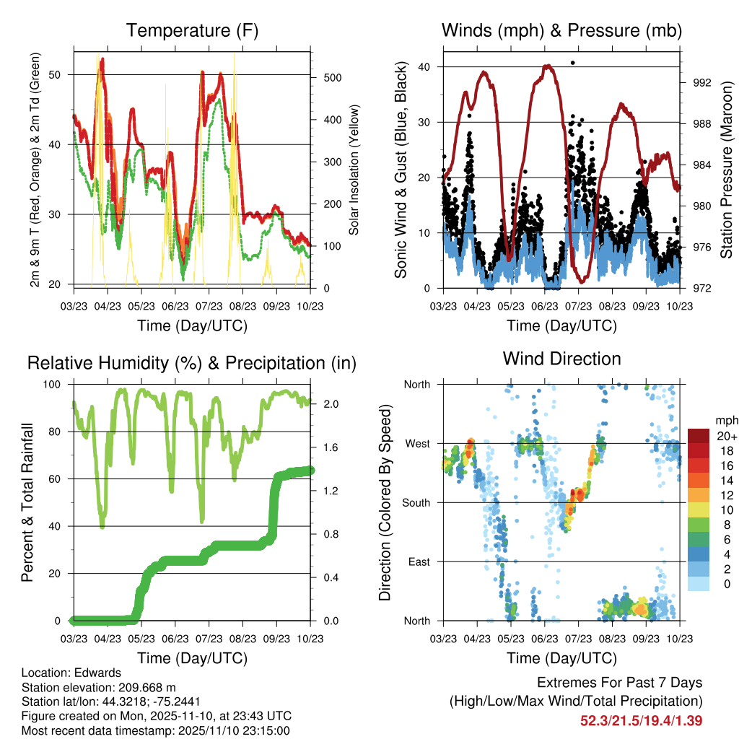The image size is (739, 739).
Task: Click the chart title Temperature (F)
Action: click(x=192, y=31)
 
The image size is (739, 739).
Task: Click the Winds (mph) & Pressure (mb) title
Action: click(x=561, y=31)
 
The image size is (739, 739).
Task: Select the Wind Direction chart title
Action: click(x=561, y=359)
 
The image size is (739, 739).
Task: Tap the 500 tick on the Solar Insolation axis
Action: click(x=322, y=77)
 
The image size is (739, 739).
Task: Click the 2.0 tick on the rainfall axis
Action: click(x=323, y=404)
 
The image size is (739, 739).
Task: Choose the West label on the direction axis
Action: click(x=416, y=443)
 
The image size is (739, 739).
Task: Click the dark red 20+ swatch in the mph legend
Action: click(x=699, y=435)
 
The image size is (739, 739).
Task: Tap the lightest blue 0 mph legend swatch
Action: click(x=699, y=584)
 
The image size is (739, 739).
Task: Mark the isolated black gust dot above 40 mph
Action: click(x=572, y=63)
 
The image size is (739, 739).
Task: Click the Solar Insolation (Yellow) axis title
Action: click(x=354, y=170)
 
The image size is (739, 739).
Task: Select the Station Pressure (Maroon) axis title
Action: click(x=726, y=170)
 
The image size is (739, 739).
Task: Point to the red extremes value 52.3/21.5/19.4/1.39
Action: click(x=641, y=720)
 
